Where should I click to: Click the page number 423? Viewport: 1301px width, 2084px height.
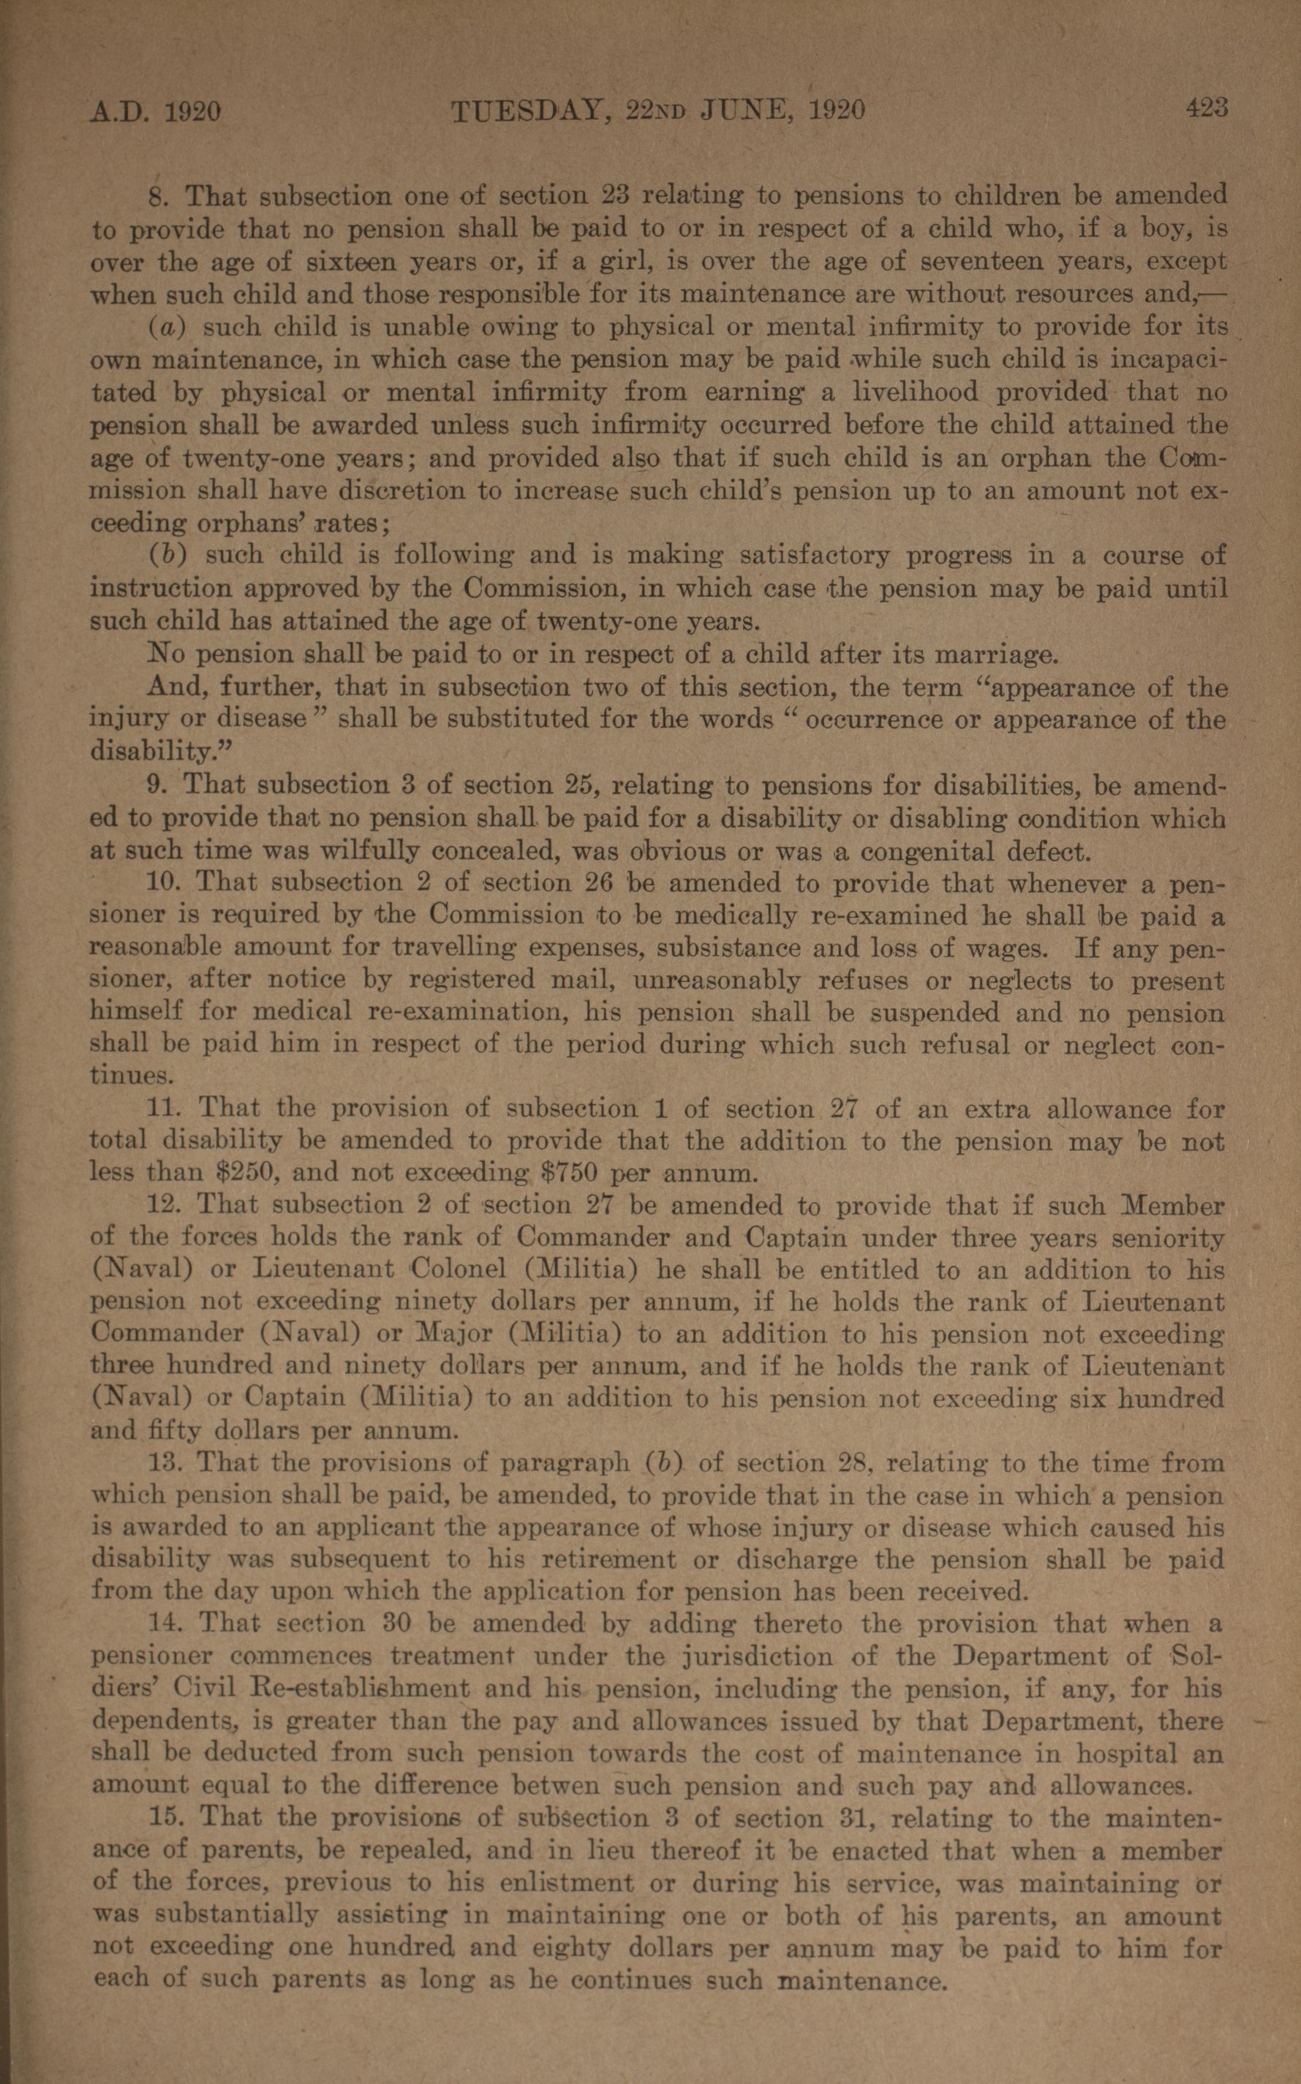[1207, 108]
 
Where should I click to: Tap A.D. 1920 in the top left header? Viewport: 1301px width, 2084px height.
[156, 112]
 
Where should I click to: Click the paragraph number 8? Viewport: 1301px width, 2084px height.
[157, 197]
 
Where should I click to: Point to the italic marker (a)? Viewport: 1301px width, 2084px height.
[165, 328]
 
